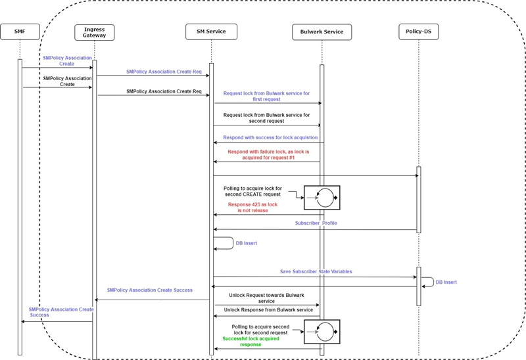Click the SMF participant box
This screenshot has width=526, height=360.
[x=20, y=31]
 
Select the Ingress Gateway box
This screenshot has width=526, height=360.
[x=94, y=32]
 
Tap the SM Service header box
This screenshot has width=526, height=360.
[x=210, y=31]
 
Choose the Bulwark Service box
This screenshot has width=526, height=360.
[x=322, y=32]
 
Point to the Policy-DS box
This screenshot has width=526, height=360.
[x=418, y=31]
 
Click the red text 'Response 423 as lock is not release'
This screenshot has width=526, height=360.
[x=252, y=208]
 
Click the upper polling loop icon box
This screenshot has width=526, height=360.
[x=322, y=197]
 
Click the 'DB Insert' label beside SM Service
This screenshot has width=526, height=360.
[x=246, y=243]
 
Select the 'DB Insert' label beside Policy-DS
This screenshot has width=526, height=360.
[x=446, y=282]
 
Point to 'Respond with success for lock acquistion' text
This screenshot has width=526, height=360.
[x=270, y=137]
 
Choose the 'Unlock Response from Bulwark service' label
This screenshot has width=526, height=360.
[x=268, y=309]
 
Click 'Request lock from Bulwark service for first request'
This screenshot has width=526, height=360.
[x=266, y=97]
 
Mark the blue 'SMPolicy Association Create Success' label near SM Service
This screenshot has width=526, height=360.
[x=151, y=290]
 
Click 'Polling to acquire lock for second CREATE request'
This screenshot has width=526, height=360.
[x=253, y=191]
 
